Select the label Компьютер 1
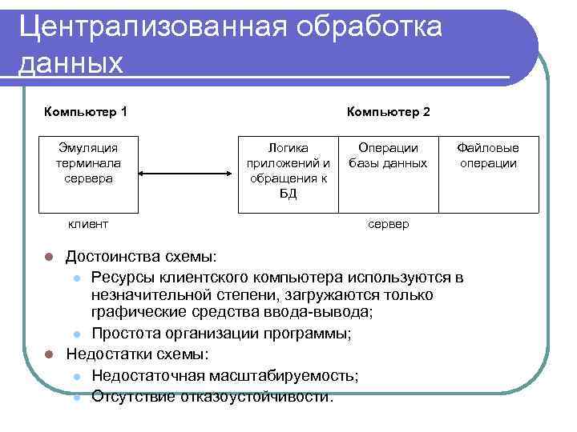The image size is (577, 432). coord(86,111)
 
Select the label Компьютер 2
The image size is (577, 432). coord(388,111)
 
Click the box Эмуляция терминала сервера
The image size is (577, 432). coord(88,163)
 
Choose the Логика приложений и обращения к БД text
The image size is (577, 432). coord(288,171)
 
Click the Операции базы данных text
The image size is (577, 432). coord(388,155)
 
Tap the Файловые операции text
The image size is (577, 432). coord(487,155)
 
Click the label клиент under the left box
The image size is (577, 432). coord(88,225)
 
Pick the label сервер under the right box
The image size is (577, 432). coord(388,225)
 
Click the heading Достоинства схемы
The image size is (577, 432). coord(141,257)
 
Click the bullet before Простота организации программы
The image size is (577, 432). coord(75,334)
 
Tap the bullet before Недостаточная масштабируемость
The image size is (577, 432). coord(75,376)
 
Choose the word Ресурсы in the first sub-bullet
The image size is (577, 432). coord(121,277)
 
